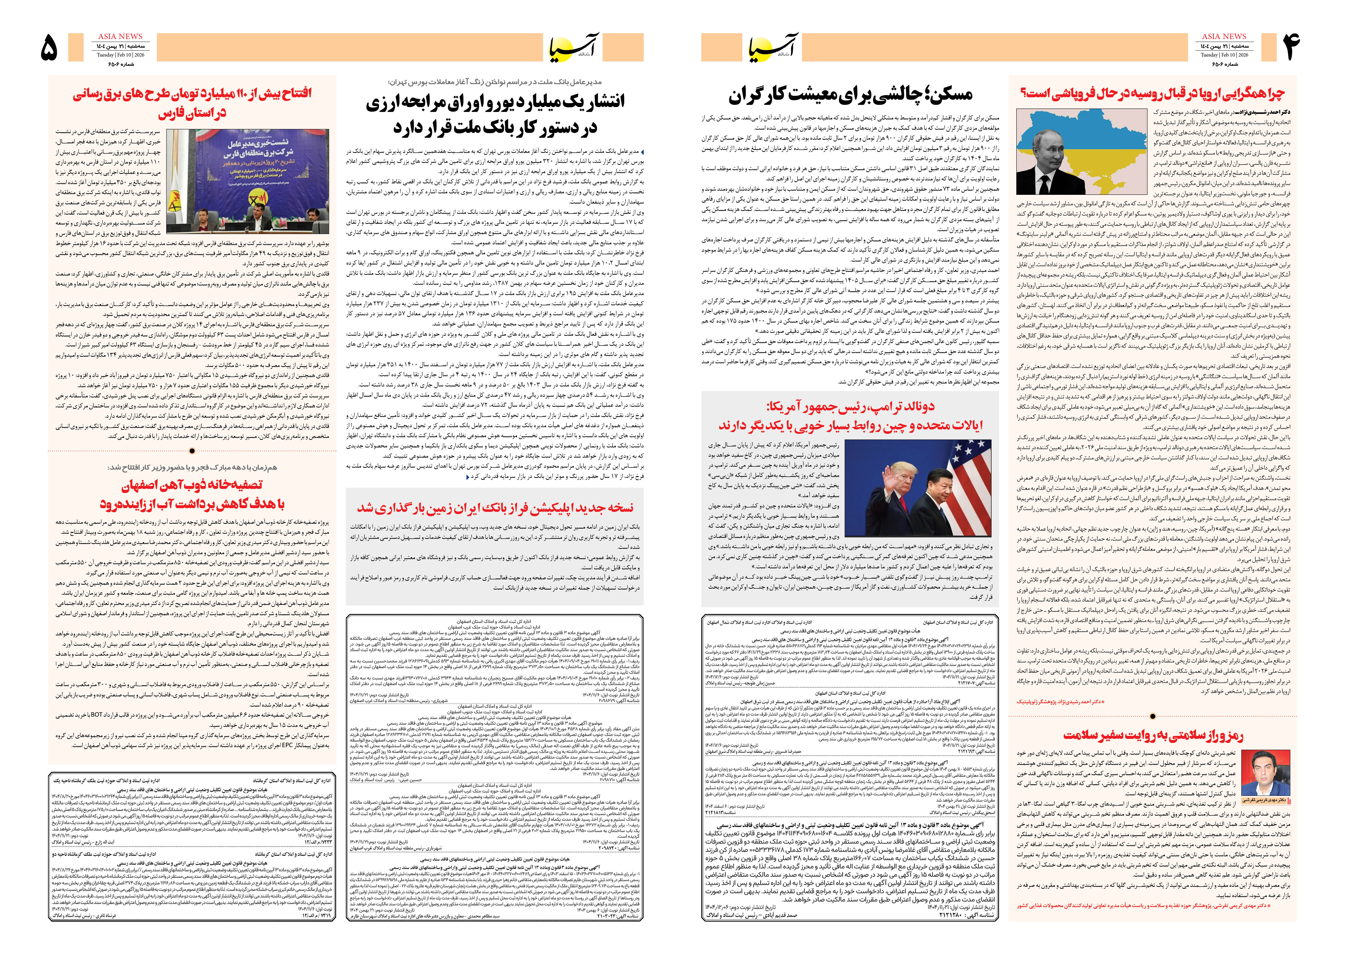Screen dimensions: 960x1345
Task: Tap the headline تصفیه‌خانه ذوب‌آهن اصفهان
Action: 192,494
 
